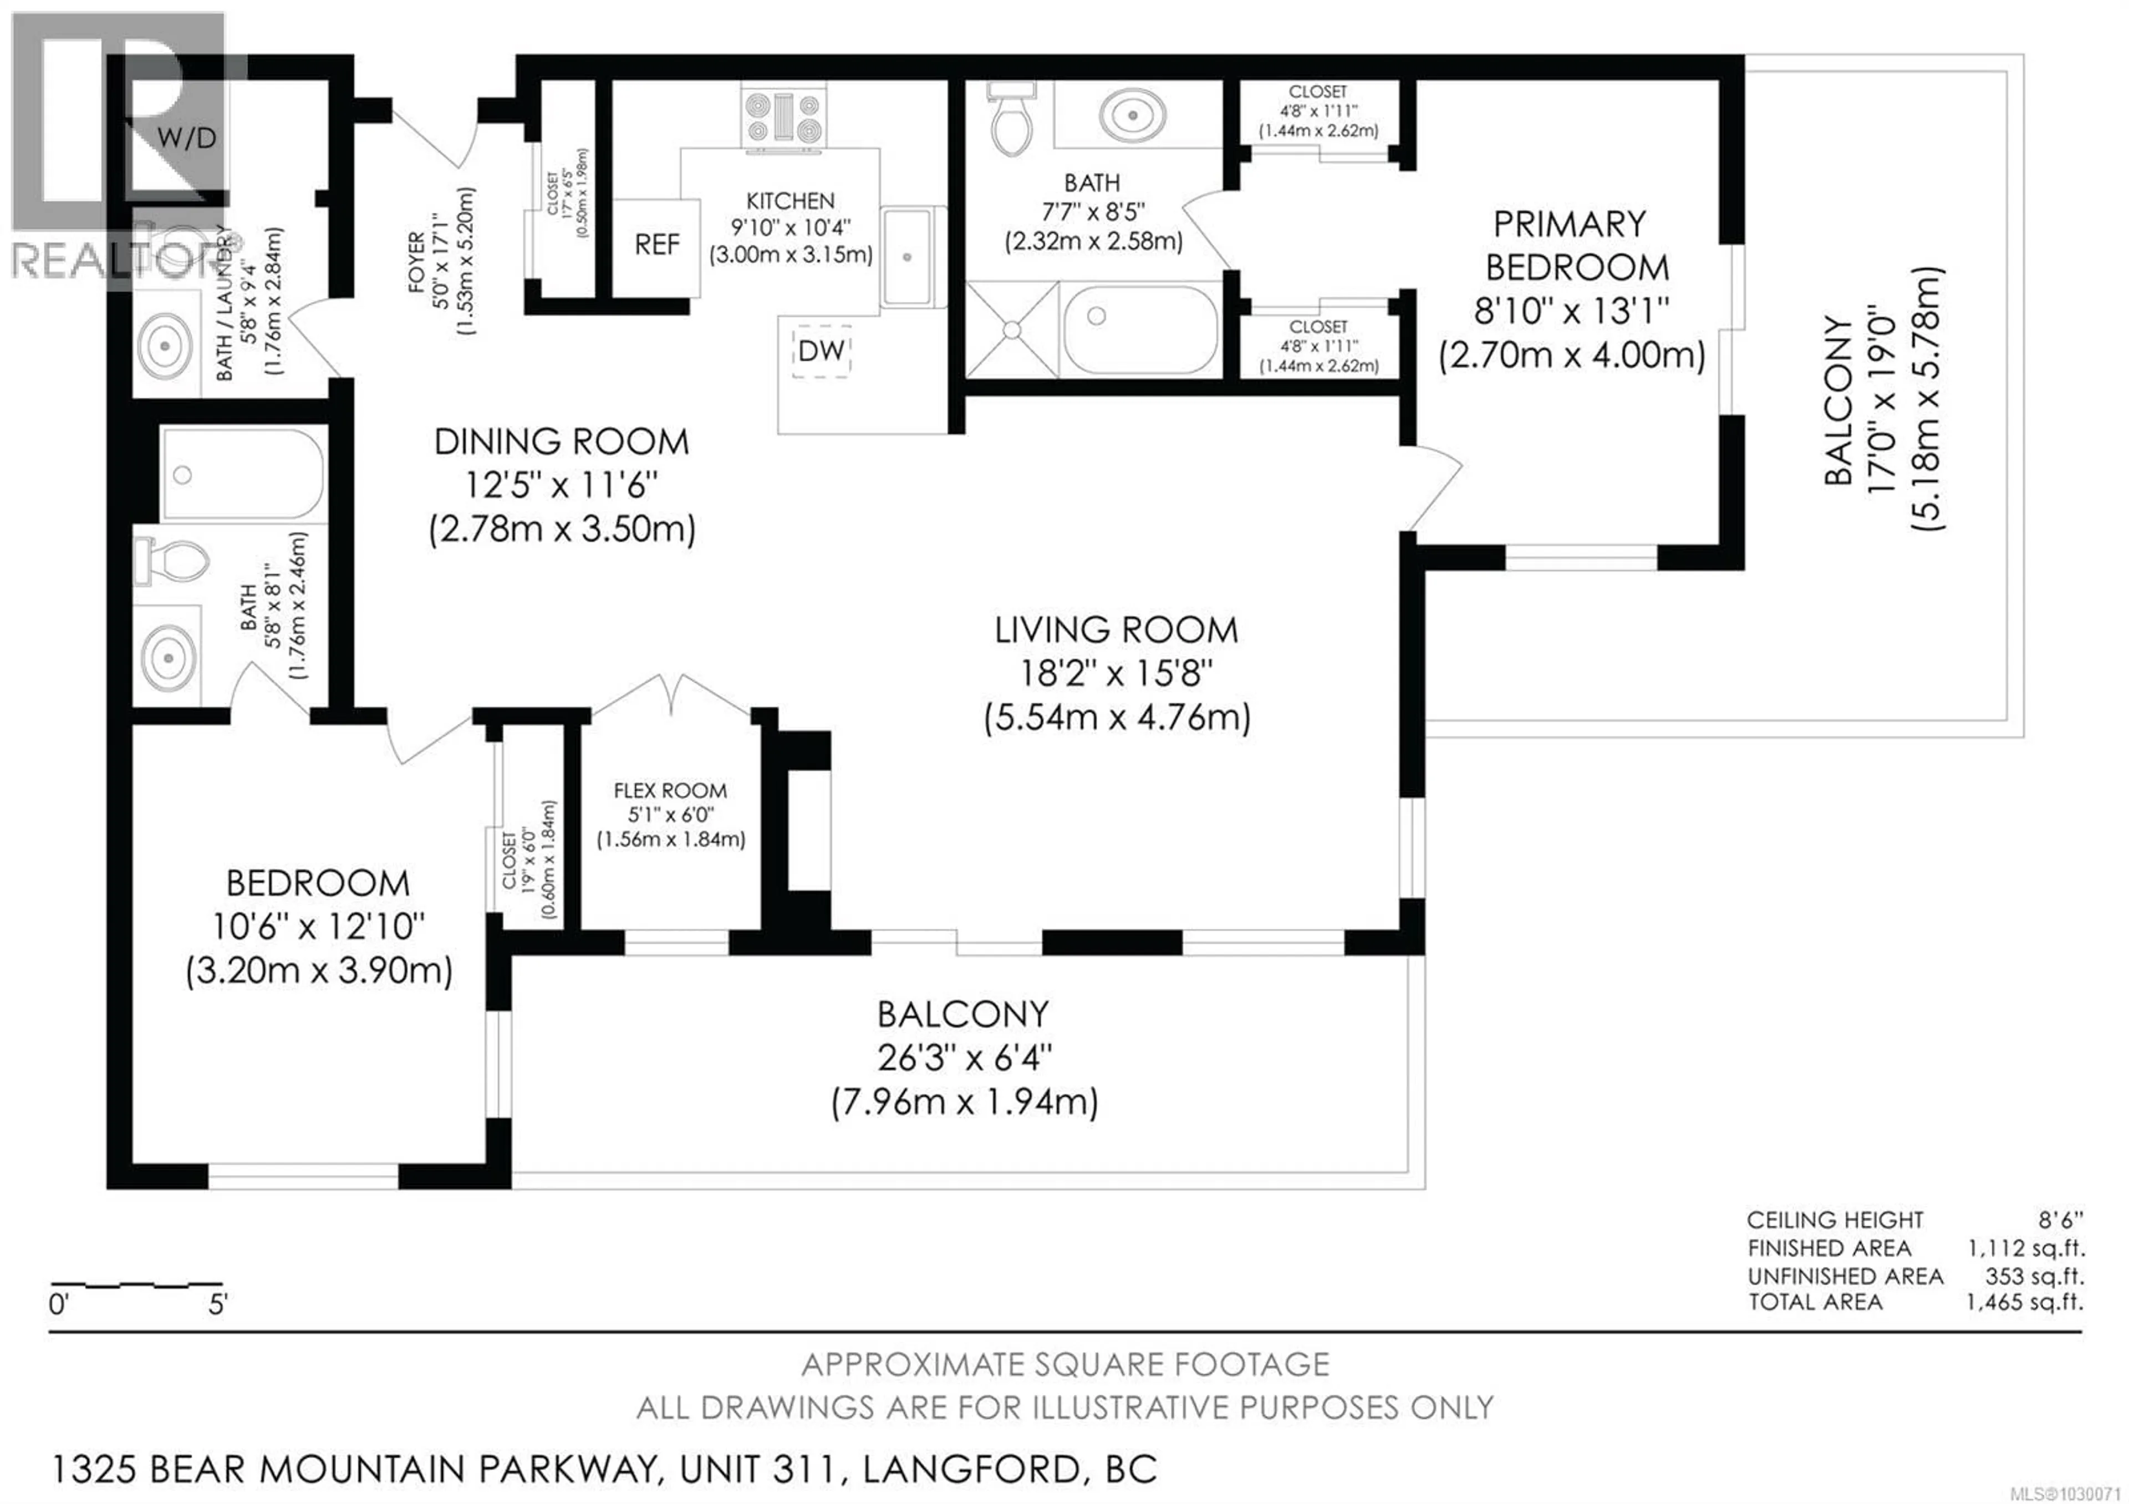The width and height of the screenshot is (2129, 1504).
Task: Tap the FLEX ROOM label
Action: [670, 791]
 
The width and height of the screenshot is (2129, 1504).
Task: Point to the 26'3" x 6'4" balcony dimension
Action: [964, 1058]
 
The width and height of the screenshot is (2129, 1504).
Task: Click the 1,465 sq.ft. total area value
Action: [2024, 1302]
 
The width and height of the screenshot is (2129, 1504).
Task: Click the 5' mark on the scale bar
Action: [217, 1305]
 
